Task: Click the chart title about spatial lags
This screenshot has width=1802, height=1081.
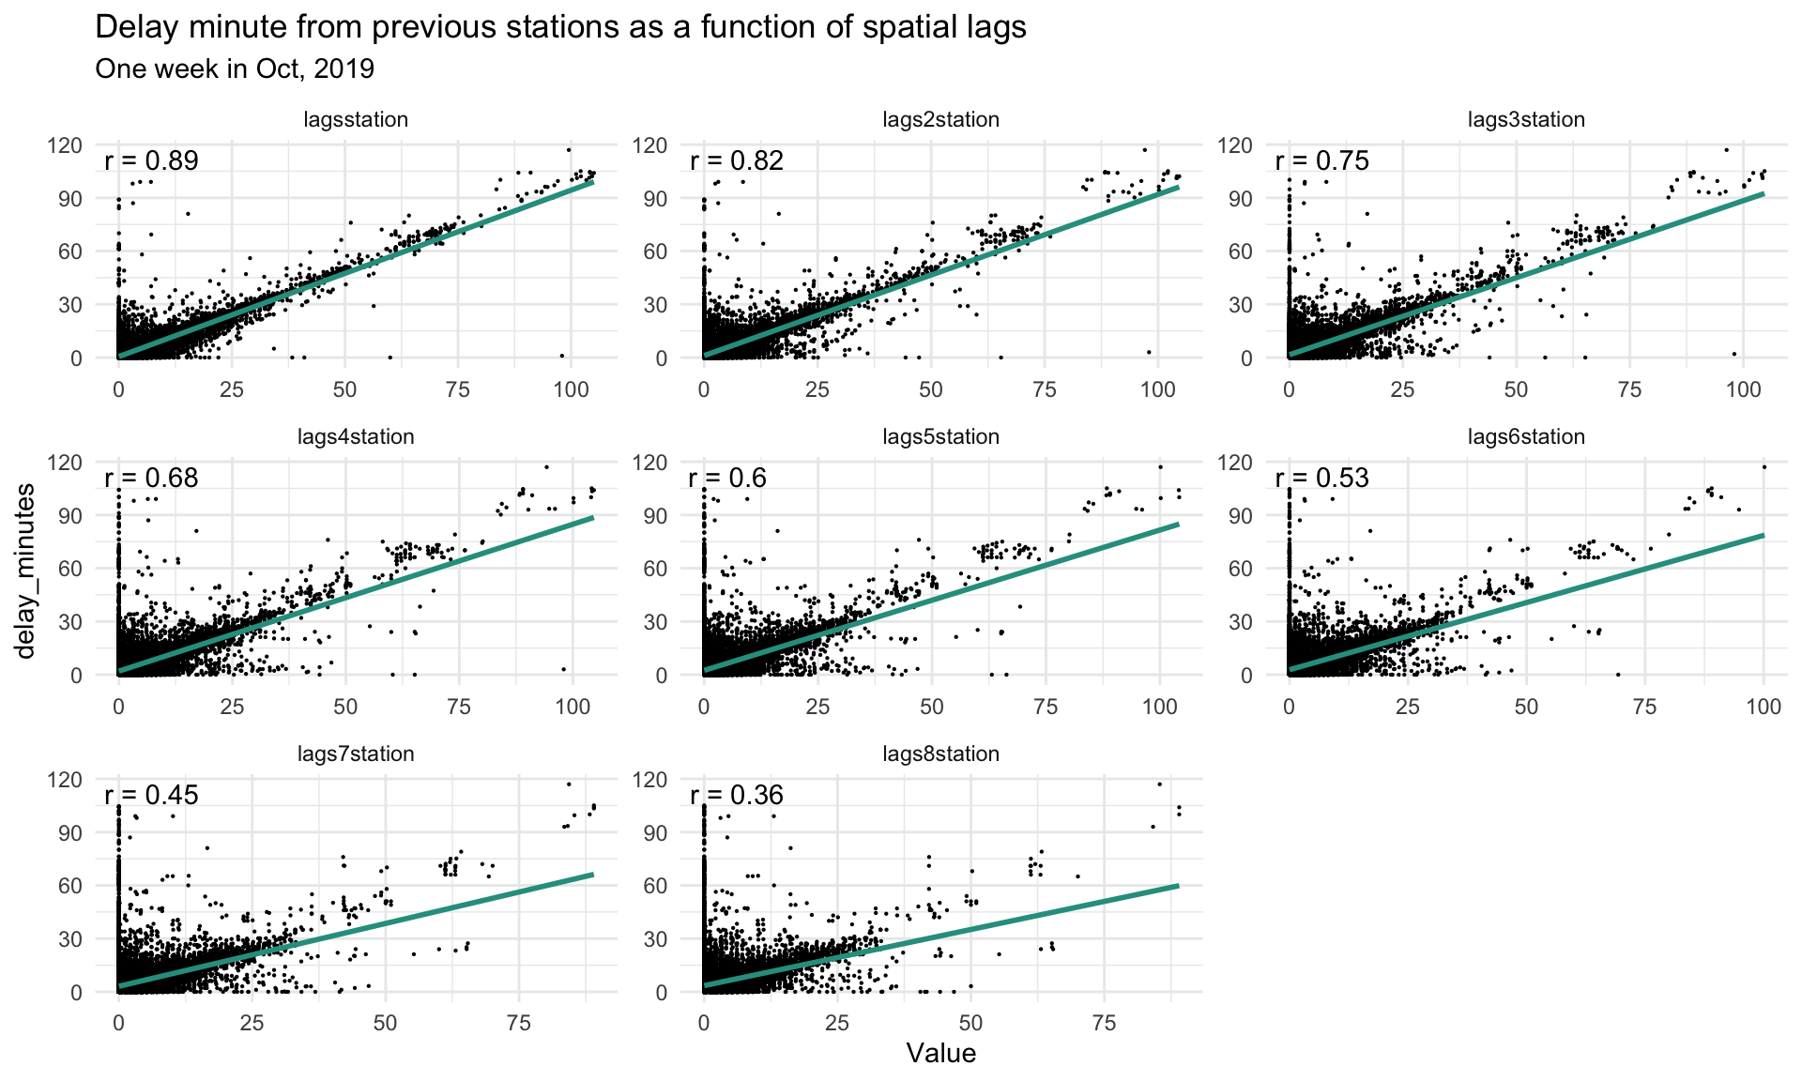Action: (x=560, y=28)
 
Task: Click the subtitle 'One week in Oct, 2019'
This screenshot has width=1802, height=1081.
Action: (x=235, y=69)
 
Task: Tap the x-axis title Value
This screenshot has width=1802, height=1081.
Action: (x=940, y=1054)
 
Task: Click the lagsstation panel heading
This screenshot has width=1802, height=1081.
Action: (x=356, y=120)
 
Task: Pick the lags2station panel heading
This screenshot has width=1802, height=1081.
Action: (x=940, y=120)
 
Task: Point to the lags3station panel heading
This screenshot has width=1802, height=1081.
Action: (x=1526, y=120)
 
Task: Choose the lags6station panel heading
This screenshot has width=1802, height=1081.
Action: (x=1526, y=437)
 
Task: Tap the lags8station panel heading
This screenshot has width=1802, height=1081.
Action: (x=940, y=754)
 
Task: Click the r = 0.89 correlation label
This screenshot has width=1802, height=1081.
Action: (x=151, y=160)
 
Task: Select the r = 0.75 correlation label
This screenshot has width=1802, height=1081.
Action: (x=1321, y=160)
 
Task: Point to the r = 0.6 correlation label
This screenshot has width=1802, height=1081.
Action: (x=727, y=478)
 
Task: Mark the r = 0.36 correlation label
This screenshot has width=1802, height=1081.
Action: (x=737, y=795)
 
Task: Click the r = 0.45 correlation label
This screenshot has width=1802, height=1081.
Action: (x=151, y=795)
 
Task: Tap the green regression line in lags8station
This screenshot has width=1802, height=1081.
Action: (x=939, y=936)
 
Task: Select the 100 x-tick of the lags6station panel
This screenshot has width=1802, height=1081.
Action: (x=1764, y=707)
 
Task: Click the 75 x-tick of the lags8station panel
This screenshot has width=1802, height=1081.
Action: (x=1105, y=1024)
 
